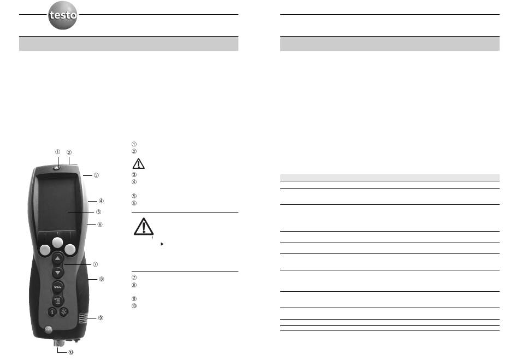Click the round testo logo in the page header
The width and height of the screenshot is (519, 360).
click(63, 15)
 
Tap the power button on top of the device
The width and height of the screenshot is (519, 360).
click(57, 168)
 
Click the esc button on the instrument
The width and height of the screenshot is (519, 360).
click(57, 287)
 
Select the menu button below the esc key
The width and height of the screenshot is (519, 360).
click(57, 301)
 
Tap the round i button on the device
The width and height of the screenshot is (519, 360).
click(52, 312)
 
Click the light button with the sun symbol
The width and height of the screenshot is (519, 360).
click(64, 312)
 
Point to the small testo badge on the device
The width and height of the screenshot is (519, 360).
click(48, 329)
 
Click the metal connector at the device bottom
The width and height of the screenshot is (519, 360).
click(58, 343)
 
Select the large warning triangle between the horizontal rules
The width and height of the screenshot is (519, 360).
click(143, 227)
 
